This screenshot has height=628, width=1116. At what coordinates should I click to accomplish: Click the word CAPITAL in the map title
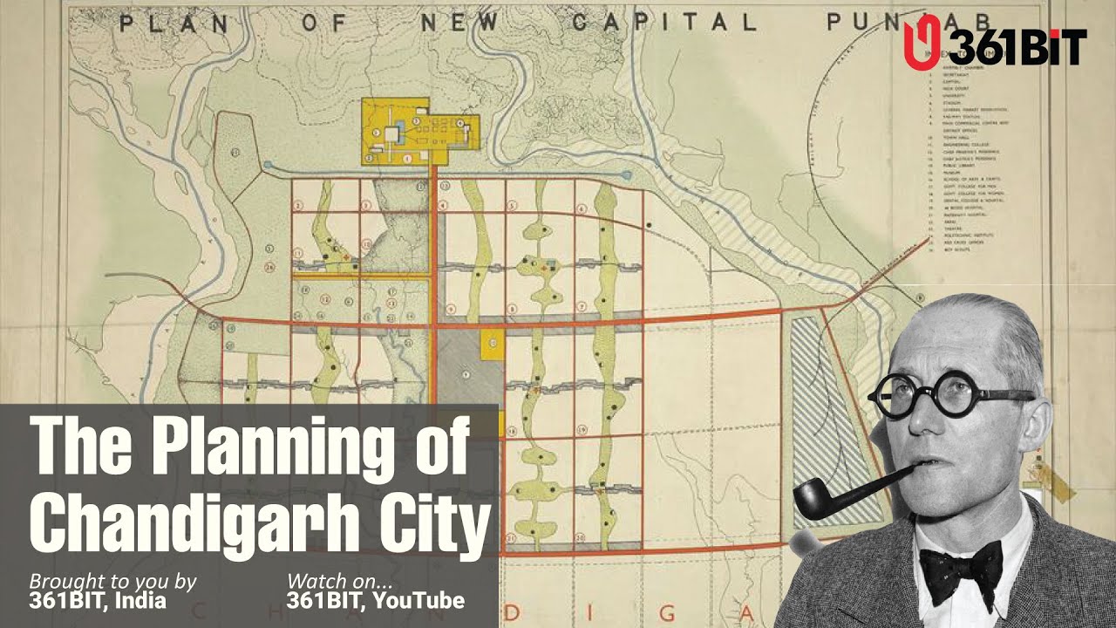click(663, 23)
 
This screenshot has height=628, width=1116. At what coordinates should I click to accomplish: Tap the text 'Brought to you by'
click(113, 581)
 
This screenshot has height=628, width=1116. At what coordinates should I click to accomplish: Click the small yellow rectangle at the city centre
click(492, 344)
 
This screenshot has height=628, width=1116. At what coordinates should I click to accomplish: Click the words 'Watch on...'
click(340, 581)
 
